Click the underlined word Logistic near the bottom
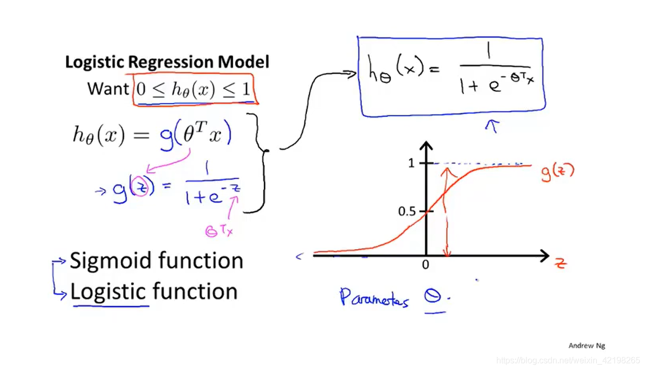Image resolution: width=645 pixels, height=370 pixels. click(x=108, y=292)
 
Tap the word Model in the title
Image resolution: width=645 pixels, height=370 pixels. click(x=243, y=62)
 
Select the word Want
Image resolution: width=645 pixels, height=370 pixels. click(x=107, y=88)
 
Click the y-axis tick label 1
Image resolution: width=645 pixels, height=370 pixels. click(x=411, y=164)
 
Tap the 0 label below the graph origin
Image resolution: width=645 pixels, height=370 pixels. click(x=425, y=265)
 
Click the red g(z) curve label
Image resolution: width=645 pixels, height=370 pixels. click(x=557, y=172)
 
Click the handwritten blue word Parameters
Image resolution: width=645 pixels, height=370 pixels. click(x=374, y=298)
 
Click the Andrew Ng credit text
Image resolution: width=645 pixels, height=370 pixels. click(x=586, y=346)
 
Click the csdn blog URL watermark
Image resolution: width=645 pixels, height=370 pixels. click(x=568, y=360)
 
